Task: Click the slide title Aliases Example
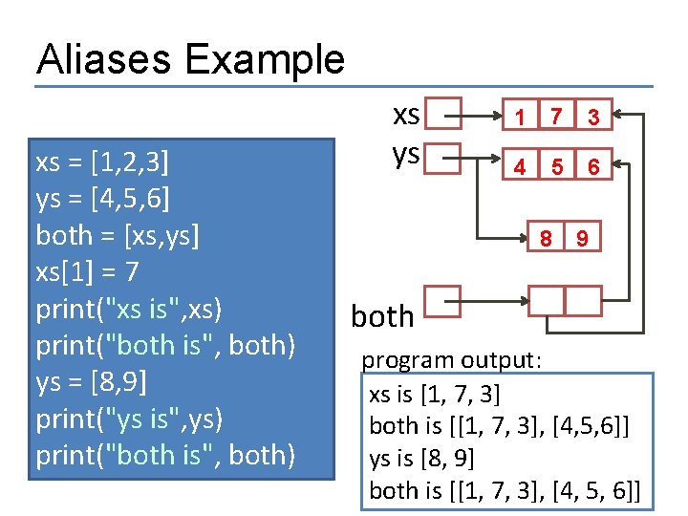click(x=190, y=59)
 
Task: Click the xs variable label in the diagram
click(x=406, y=115)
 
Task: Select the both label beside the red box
click(x=382, y=315)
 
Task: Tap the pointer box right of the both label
click(x=441, y=302)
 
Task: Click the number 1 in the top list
click(x=519, y=118)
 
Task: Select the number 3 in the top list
click(x=593, y=118)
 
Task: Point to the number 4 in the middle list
click(x=519, y=167)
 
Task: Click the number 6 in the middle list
click(x=593, y=167)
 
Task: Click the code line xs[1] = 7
click(x=87, y=271)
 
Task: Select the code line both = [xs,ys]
click(x=118, y=235)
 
